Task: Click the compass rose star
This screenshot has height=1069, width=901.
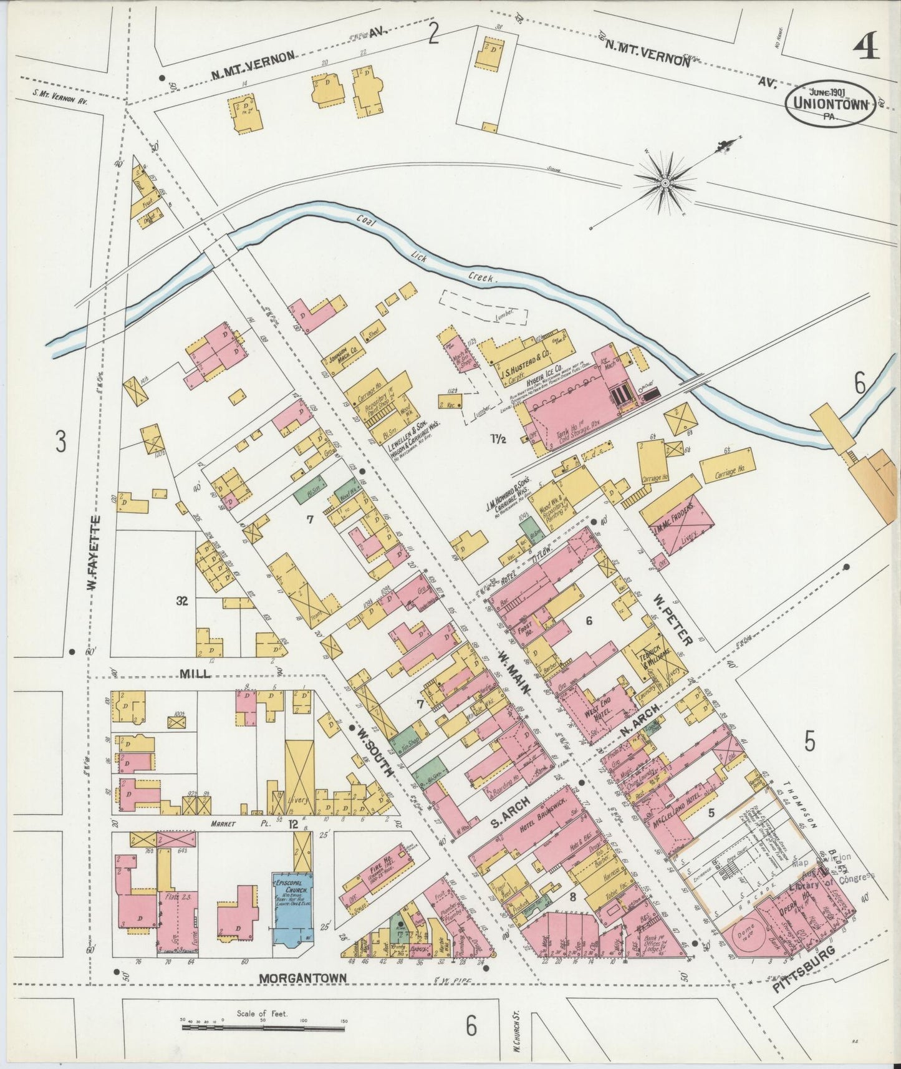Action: coord(665,183)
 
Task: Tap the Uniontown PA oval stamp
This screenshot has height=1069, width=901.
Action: coord(829,104)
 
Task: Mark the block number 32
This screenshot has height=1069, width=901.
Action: coord(182,601)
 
